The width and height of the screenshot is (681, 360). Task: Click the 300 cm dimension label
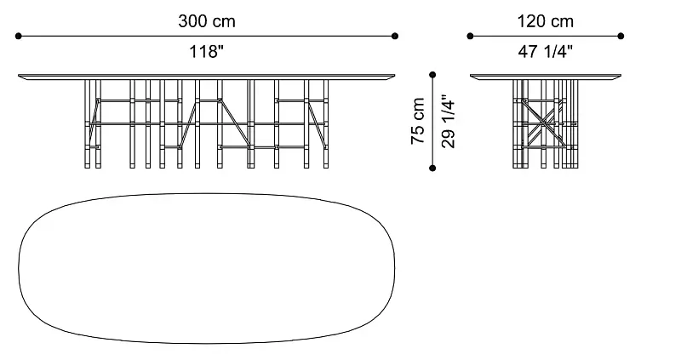click(x=207, y=21)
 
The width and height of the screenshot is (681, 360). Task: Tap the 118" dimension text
click(x=206, y=52)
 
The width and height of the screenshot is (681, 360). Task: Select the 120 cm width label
click(x=545, y=21)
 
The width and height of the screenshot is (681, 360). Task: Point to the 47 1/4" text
click(x=545, y=52)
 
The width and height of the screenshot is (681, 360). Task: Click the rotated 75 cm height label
click(x=417, y=121)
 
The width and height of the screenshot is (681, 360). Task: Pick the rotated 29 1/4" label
click(x=448, y=121)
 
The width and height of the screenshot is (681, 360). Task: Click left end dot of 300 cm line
click(x=18, y=36)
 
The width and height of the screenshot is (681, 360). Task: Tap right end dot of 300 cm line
click(x=395, y=36)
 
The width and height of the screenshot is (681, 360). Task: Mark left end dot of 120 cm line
click(x=470, y=36)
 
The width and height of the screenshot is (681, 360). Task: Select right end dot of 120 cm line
click(x=621, y=36)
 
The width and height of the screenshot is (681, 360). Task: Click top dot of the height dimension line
click(x=432, y=75)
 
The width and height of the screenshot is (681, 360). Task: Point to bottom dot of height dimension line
click(x=432, y=168)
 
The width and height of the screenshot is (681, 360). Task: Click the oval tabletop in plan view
click(x=207, y=268)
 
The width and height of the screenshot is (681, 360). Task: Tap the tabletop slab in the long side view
click(x=207, y=77)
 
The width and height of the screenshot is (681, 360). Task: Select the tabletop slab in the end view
click(x=546, y=77)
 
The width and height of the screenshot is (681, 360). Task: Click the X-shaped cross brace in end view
click(x=541, y=123)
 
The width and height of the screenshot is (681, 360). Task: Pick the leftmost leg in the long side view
click(x=88, y=123)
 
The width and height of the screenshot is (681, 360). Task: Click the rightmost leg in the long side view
click(x=326, y=123)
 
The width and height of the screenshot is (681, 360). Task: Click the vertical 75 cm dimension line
click(x=432, y=122)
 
